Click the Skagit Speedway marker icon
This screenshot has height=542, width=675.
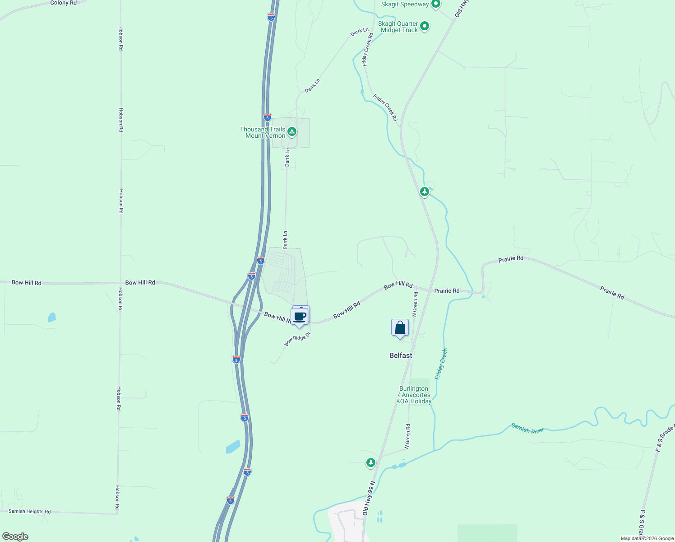pos(435,5)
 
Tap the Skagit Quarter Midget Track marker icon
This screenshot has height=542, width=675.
pos(425,27)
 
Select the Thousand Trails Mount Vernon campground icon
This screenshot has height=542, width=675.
pos(292,132)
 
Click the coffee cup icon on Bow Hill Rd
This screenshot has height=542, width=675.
pos(299,317)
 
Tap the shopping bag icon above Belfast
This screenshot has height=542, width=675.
pos(400,328)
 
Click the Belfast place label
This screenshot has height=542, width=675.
pos(401,355)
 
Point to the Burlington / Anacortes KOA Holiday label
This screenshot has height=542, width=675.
pos(414,395)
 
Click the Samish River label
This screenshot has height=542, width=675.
pos(527,428)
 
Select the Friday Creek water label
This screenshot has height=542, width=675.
pos(441,364)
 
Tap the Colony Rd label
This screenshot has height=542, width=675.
pos(63,3)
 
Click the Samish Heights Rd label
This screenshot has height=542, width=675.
pos(30,511)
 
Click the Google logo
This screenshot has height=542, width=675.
pos(15,537)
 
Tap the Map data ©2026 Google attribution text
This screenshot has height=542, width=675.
pos(647,538)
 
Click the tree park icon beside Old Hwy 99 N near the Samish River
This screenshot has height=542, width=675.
pos(371,462)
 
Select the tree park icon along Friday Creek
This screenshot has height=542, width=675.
pos(424,192)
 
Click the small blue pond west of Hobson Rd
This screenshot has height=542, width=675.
pos(52,317)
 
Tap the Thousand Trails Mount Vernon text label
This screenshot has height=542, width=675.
pos(263,132)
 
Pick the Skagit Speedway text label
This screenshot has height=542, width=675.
pos(405,5)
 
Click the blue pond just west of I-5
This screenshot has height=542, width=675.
pos(233,447)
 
